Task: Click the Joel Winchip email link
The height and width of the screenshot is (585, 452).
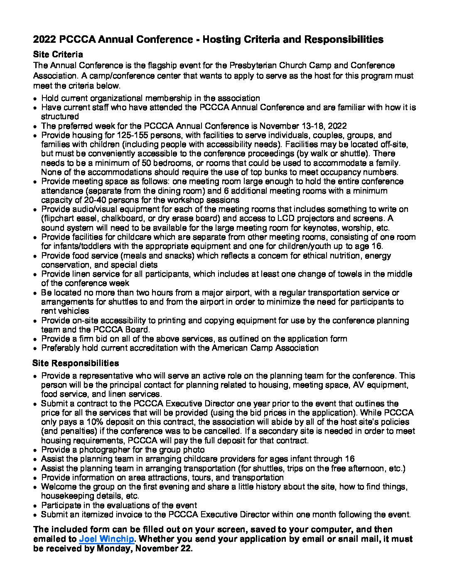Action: tap(106, 539)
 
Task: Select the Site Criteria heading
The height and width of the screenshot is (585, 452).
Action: tap(58, 54)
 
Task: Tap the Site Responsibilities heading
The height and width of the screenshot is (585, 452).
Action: tap(76, 363)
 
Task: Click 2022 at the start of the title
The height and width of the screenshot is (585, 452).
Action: tap(44, 40)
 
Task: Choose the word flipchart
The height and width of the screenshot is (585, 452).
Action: tap(59, 219)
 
